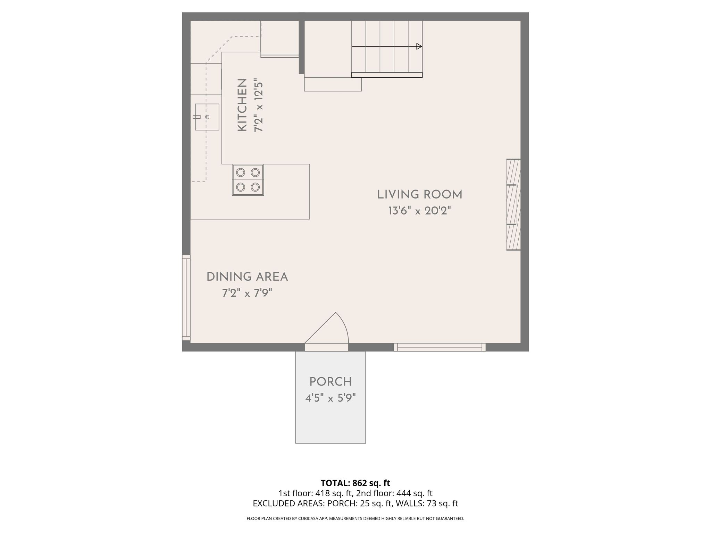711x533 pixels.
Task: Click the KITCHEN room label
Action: tap(242, 105)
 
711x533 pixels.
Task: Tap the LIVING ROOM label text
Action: tap(420, 195)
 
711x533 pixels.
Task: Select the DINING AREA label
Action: tap(247, 277)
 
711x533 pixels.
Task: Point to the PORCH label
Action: tap(331, 382)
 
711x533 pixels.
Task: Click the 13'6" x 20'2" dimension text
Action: tap(419, 211)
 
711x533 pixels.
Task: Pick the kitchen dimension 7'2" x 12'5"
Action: tap(259, 107)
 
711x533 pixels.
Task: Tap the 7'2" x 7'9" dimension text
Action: tap(247, 293)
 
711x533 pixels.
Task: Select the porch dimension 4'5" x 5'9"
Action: tap(331, 398)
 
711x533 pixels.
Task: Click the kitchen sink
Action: tap(207, 117)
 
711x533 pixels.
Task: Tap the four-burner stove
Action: tap(248, 180)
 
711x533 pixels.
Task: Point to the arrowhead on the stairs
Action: tap(419, 46)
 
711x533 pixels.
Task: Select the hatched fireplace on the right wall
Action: tap(513, 204)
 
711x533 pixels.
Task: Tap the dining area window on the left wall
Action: tap(186, 298)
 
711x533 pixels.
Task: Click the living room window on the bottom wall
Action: tap(440, 347)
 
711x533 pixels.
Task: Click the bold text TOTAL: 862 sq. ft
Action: tap(355, 483)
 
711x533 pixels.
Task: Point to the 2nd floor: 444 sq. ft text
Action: tap(394, 493)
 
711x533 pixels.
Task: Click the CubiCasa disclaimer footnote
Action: tap(355, 519)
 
